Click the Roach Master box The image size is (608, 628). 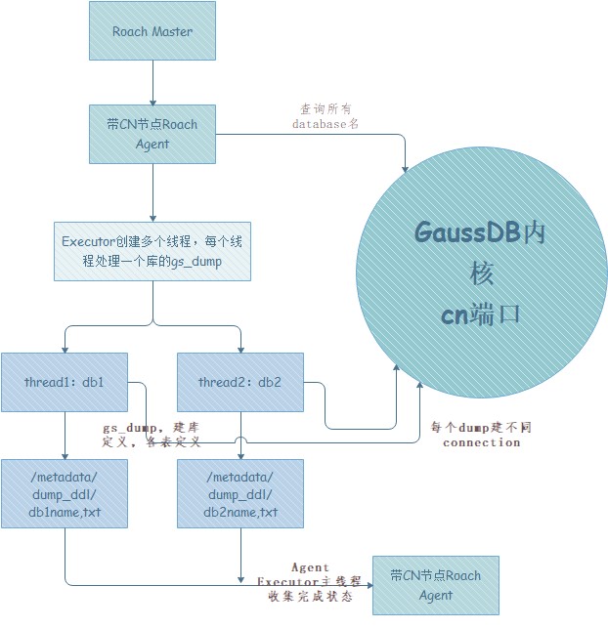(x=152, y=31)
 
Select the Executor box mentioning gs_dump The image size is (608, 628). (x=152, y=252)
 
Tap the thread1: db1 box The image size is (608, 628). (x=65, y=383)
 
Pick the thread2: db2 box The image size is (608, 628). (x=240, y=383)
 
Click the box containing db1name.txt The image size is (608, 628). (x=65, y=494)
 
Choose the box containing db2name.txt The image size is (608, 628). (x=240, y=494)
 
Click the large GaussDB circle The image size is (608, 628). (x=482, y=273)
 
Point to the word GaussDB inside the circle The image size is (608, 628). (x=467, y=232)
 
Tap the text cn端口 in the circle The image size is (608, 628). (x=481, y=314)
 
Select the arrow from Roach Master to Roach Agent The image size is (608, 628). (x=152, y=83)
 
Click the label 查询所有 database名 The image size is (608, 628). (x=326, y=116)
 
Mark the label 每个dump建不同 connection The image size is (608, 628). (x=481, y=435)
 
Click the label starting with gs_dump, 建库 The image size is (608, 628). (x=152, y=435)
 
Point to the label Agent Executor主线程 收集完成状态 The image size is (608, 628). (x=310, y=582)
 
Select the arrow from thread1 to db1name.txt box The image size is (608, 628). (x=65, y=436)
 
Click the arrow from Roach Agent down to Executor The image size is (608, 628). (x=152, y=192)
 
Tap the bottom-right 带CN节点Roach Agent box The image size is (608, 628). (x=436, y=586)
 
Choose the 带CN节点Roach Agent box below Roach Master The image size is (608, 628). (x=152, y=134)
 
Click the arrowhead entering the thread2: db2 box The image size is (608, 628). (x=240, y=350)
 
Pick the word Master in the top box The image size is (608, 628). (x=172, y=31)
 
